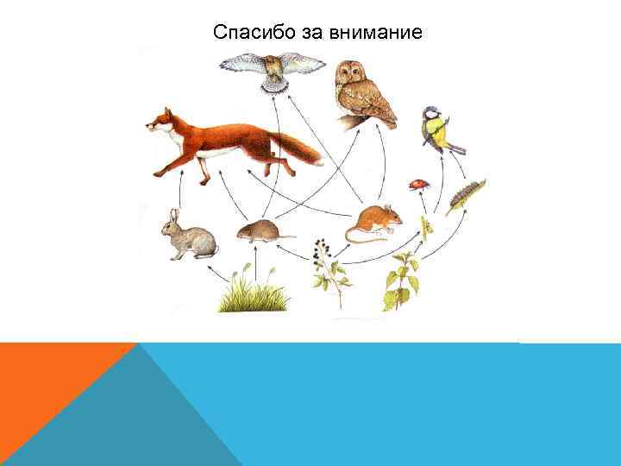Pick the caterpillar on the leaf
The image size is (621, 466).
tap(466, 196)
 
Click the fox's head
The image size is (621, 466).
tap(160, 123)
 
